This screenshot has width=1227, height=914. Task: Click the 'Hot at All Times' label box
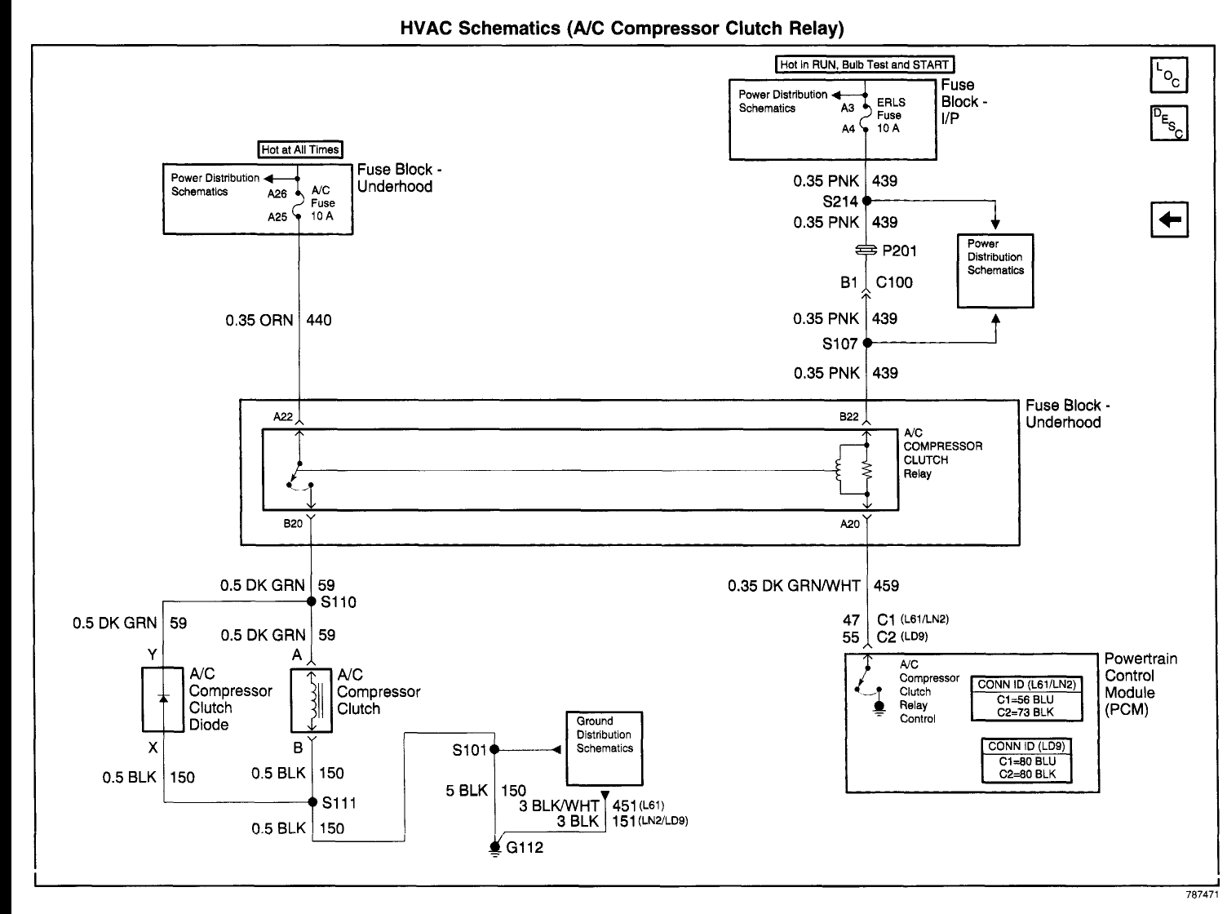pyautogui.click(x=299, y=149)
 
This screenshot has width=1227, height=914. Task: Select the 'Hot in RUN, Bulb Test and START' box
pyautogui.click(x=865, y=64)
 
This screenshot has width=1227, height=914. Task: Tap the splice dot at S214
pyautogui.click(x=866, y=201)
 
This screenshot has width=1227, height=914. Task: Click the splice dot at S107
pyautogui.click(x=866, y=343)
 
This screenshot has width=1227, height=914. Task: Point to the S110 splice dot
pyautogui.click(x=311, y=601)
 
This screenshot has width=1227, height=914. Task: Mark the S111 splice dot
pyautogui.click(x=312, y=802)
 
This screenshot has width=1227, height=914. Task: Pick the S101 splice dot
pyautogui.click(x=494, y=749)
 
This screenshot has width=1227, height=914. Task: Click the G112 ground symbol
pyautogui.click(x=494, y=847)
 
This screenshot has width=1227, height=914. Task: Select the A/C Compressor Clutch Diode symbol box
pyautogui.click(x=163, y=699)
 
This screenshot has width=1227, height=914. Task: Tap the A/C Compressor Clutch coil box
pyautogui.click(x=311, y=700)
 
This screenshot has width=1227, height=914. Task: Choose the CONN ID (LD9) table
pyautogui.click(x=1026, y=760)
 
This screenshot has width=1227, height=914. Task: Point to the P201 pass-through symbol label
pyautogui.click(x=899, y=251)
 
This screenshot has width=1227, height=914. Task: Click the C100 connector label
pyautogui.click(x=894, y=282)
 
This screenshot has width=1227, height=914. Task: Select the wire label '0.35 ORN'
pyautogui.click(x=259, y=321)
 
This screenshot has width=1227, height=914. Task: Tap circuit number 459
pyautogui.click(x=886, y=585)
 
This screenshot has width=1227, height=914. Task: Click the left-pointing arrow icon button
pyautogui.click(x=1168, y=220)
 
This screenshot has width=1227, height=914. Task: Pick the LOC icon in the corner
pyautogui.click(x=1168, y=75)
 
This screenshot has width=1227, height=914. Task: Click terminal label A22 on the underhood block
pyautogui.click(x=283, y=416)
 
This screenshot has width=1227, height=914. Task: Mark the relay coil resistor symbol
pyautogui.click(x=866, y=470)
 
